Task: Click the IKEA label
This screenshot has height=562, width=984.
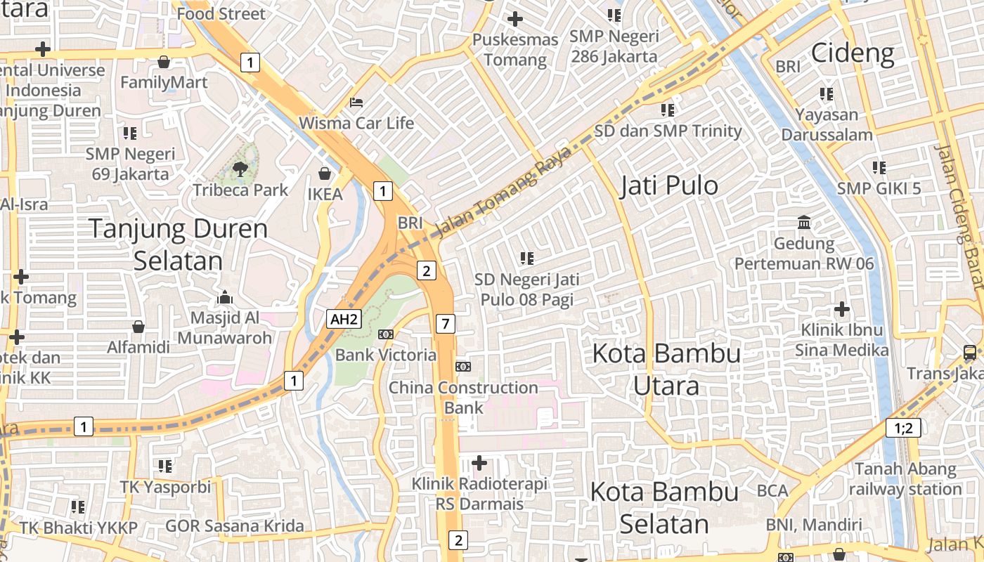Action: [325, 194]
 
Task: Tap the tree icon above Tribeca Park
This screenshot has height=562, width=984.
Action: [240, 168]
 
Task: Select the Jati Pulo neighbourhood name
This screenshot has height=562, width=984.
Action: [669, 185]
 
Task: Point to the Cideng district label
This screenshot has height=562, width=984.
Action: [853, 53]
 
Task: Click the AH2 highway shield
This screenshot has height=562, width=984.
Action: [344, 320]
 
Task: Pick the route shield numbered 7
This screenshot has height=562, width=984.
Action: [446, 324]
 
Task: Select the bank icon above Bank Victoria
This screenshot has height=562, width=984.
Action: [385, 334]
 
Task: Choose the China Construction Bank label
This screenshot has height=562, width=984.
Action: [463, 398]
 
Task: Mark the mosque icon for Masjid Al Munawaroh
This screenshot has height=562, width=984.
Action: [225, 297]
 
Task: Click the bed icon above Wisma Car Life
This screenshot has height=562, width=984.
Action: [356, 103]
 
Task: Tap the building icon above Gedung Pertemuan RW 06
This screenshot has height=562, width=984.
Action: [804, 223]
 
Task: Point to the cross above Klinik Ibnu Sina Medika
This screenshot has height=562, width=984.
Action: [841, 309]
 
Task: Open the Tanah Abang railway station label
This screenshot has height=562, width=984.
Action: [905, 478]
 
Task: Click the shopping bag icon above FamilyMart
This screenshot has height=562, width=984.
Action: [164, 62]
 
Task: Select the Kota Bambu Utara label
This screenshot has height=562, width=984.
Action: [666, 369]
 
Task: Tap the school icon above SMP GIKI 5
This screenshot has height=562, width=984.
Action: [879, 168]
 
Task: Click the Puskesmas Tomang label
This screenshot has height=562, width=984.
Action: [515, 49]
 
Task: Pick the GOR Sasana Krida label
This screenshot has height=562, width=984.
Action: [235, 525]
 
